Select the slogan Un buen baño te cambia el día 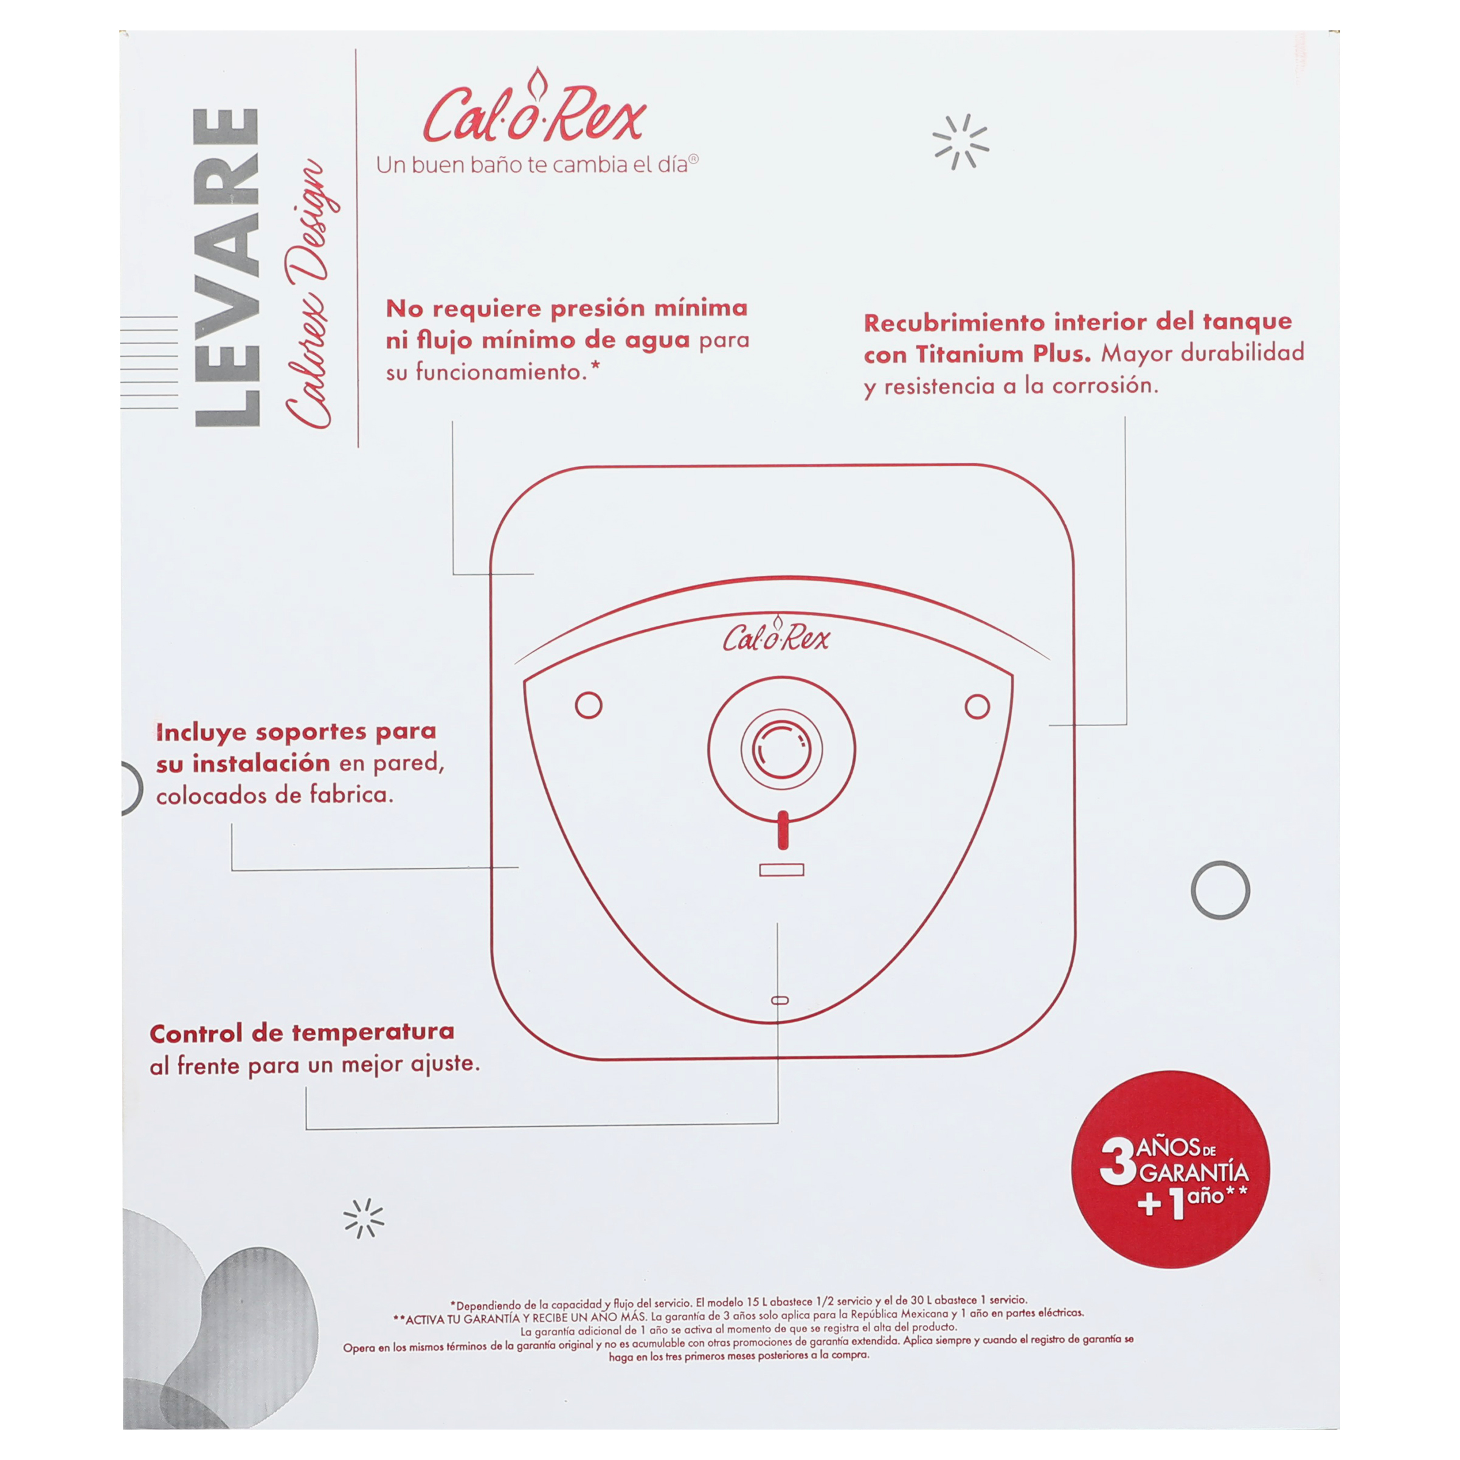[538, 165]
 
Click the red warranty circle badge [1171, 1170]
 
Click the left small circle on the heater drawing [589, 705]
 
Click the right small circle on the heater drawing [977, 707]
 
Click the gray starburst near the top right [961, 142]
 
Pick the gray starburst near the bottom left [364, 1218]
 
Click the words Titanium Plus [1003, 354]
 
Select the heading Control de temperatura [302, 1033]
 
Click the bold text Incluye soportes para [296, 732]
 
